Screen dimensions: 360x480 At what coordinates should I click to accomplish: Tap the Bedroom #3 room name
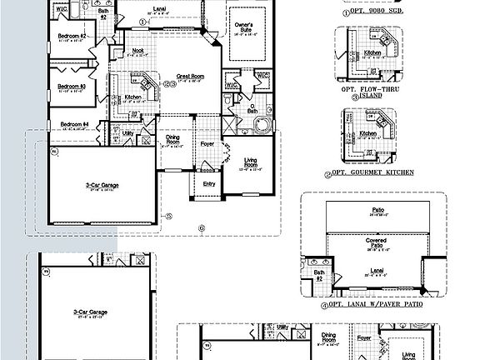pos(72,86)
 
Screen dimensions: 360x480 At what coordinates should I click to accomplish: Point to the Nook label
pos(138,52)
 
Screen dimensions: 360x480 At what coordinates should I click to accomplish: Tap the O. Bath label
pos(247,109)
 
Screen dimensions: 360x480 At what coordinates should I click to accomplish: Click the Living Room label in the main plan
pos(249,163)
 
